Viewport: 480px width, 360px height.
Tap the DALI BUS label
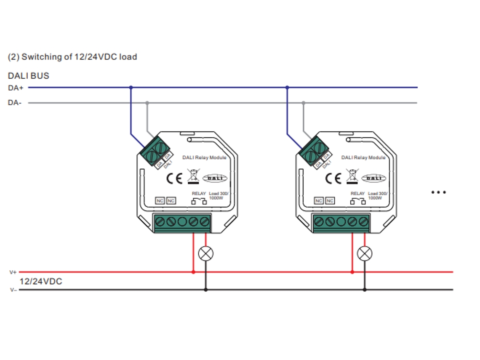click(x=28, y=76)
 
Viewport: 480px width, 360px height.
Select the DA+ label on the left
click(x=16, y=88)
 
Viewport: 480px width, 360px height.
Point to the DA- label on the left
click(x=15, y=103)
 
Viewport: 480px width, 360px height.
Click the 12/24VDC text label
click(x=41, y=281)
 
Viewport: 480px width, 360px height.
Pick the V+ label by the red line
click(x=13, y=272)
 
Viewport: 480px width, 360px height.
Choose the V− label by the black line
click(x=13, y=290)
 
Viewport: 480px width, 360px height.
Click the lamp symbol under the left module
click(x=205, y=253)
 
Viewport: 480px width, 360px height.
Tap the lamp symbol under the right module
click(x=365, y=253)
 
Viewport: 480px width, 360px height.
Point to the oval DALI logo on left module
click(x=215, y=179)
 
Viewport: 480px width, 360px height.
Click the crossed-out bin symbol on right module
click(x=351, y=176)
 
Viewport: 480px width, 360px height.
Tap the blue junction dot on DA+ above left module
click(x=131, y=88)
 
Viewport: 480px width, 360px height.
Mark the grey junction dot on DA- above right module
click(x=303, y=103)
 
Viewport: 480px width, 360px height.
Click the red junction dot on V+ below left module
click(x=193, y=272)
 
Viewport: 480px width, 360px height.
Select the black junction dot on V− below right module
click(x=365, y=290)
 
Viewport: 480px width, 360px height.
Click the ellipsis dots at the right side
click(x=438, y=192)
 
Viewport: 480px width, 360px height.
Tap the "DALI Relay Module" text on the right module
click(x=363, y=157)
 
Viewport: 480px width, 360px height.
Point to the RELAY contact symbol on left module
click(x=199, y=202)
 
